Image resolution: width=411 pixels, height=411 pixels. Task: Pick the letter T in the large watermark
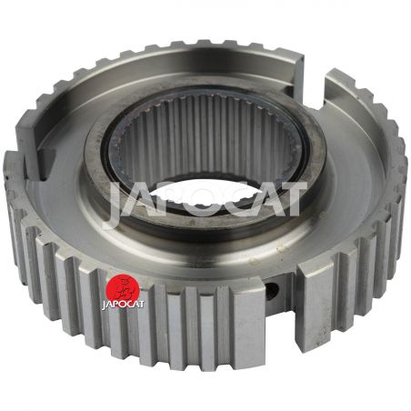tap(289, 198)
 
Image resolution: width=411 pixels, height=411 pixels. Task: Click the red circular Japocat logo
tap(123, 286)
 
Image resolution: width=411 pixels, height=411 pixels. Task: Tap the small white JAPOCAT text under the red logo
tap(123, 304)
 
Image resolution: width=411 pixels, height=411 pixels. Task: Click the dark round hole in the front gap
tap(272, 290)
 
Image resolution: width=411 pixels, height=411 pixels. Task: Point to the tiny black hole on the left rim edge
tap(6, 175)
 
